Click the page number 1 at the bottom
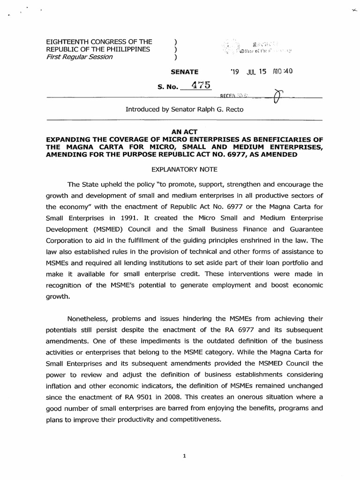click(185, 454)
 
